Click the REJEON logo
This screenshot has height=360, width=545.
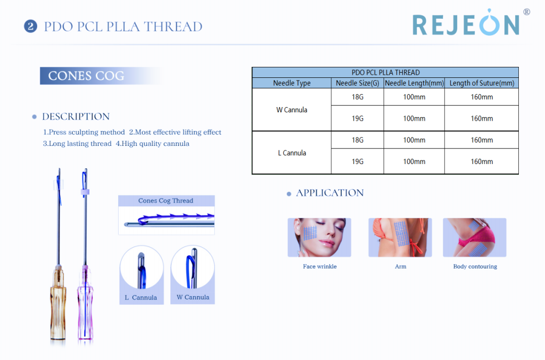(471, 22)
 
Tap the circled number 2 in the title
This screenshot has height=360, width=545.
(31, 27)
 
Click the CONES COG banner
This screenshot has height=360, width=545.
(101, 76)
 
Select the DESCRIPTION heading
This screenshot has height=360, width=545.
(76, 117)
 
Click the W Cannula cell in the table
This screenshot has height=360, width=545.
(292, 110)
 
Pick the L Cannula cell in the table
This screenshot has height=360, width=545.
(292, 153)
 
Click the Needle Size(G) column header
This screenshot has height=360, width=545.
(357, 83)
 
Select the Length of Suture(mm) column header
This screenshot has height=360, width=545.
(482, 83)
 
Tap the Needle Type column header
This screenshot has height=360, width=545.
(292, 83)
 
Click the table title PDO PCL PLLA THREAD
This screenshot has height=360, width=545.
(386, 73)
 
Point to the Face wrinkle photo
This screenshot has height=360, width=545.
(319, 237)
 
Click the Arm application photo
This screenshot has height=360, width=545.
(400, 237)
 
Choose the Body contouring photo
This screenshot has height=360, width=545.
(474, 237)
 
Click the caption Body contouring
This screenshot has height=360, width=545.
(475, 266)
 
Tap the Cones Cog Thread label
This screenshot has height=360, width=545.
(166, 201)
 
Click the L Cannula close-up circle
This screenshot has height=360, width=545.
(142, 268)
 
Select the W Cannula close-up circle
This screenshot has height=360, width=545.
(193, 267)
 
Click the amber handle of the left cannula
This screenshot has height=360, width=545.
(58, 303)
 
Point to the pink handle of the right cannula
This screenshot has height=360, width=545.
(85, 303)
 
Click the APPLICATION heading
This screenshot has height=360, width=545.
(330, 193)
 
